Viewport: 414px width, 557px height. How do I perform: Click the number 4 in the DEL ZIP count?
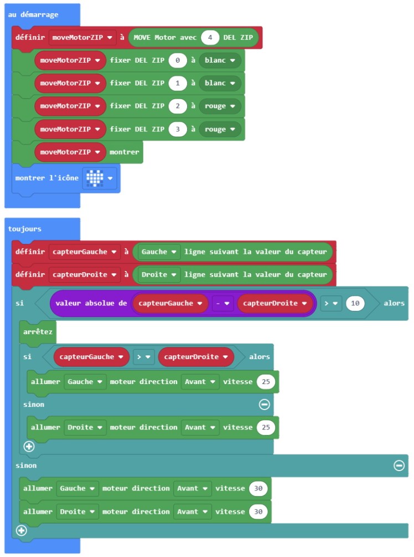210,38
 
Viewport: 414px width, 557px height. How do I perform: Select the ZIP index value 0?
177,60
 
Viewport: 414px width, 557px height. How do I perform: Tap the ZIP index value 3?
177,129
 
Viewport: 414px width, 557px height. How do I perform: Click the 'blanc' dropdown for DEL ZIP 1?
220,83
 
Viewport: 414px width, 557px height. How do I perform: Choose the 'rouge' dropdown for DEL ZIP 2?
220,106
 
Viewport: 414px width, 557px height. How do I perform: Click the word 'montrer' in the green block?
125,152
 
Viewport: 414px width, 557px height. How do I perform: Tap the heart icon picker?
99,178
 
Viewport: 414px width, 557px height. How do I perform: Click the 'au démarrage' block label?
33,14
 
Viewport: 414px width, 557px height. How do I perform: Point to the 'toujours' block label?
25,228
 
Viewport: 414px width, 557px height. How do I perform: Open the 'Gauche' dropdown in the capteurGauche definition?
159,252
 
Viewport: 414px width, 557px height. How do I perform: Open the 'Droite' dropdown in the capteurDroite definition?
159,274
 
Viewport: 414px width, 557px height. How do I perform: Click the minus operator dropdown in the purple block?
222,303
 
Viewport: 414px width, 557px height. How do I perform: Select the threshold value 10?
355,303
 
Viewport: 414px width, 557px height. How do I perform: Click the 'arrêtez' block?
37,331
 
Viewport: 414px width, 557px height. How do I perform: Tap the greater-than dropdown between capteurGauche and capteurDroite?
143,357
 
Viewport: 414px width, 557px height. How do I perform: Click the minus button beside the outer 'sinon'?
399,466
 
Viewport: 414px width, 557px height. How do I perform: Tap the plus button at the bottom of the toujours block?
22,530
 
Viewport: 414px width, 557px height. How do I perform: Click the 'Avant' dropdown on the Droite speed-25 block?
200,427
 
